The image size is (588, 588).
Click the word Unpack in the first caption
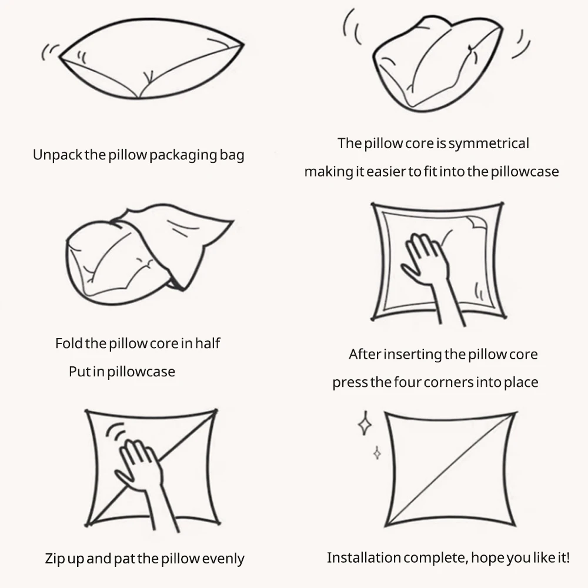[x=58, y=155]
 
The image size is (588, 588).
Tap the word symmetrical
[x=489, y=143]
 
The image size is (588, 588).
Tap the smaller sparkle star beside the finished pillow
[x=377, y=453]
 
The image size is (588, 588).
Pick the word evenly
[x=223, y=559]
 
